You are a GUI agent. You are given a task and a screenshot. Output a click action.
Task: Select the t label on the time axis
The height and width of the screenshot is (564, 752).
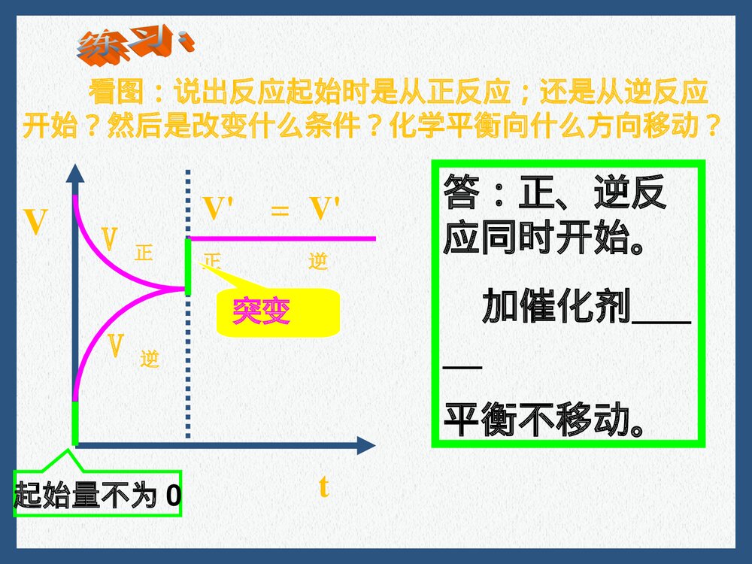point(323,487)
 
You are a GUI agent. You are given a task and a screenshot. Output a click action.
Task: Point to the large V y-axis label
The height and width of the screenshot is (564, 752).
point(35,223)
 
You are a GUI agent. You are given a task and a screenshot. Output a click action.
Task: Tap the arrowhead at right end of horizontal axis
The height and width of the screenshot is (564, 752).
point(365,445)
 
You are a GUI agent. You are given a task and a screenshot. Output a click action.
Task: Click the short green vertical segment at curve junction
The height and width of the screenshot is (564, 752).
point(188,266)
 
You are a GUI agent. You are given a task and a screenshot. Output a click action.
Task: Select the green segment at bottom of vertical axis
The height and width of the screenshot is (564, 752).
point(74,423)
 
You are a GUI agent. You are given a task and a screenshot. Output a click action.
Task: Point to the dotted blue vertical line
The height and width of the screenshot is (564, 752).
point(187,361)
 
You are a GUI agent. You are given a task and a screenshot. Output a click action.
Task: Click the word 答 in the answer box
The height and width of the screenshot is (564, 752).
point(461,193)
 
